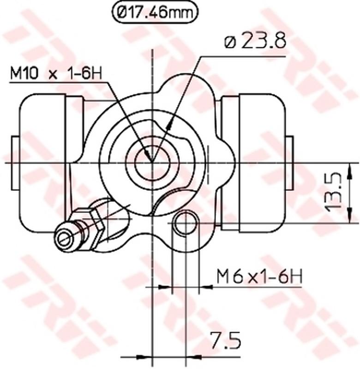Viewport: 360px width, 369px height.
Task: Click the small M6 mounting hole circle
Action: click(185, 223)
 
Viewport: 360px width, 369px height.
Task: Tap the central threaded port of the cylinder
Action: click(152, 162)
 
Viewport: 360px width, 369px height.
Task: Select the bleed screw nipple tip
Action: click(64, 237)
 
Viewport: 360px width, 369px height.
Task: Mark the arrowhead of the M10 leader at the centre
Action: click(149, 157)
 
